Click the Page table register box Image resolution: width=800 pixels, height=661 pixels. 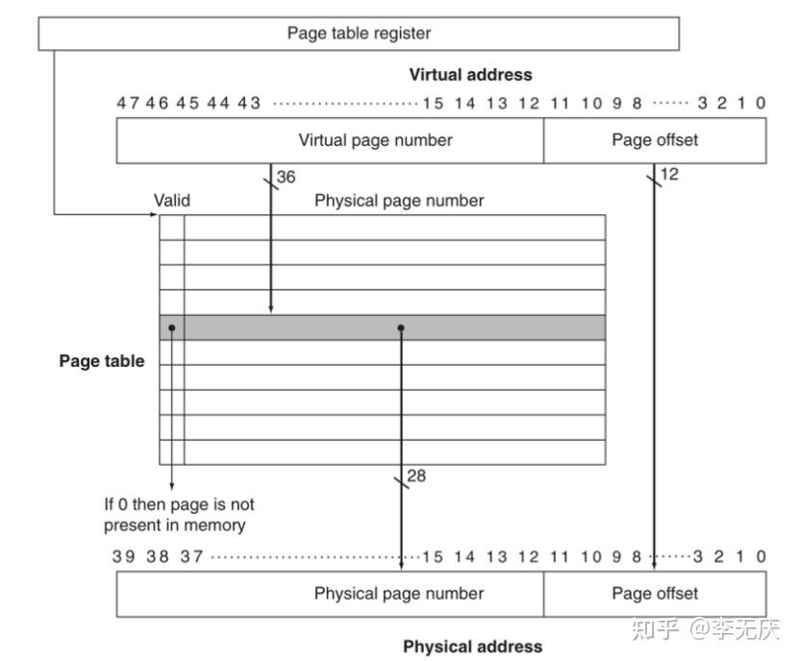click(x=359, y=34)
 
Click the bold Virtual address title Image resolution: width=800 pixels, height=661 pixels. click(x=470, y=75)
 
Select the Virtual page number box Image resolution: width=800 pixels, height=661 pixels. click(x=330, y=140)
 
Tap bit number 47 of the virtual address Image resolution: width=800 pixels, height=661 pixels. click(x=127, y=103)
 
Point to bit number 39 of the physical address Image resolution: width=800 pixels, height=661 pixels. click(x=123, y=556)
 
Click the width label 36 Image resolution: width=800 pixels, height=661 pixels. click(x=286, y=177)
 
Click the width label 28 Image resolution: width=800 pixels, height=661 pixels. click(x=416, y=476)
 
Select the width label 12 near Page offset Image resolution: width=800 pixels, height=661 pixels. click(x=669, y=174)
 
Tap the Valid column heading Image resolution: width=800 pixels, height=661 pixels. click(x=172, y=200)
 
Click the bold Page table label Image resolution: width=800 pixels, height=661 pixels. click(x=102, y=361)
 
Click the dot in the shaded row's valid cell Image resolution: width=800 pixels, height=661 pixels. click(x=172, y=328)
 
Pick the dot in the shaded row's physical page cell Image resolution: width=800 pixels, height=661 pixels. click(x=401, y=328)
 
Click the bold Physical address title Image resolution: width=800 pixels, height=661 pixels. click(x=472, y=647)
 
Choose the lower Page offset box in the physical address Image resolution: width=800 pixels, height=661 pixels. click(x=655, y=594)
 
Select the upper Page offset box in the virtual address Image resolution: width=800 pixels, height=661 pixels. click(x=655, y=140)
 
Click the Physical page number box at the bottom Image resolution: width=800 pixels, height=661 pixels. click(x=330, y=594)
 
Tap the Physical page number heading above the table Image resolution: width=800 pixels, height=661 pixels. click(x=399, y=200)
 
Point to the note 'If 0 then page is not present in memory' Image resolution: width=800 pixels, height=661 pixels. click(x=179, y=515)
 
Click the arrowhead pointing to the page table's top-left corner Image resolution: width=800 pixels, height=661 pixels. click(x=154, y=214)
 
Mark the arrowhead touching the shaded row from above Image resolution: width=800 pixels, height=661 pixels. click(x=271, y=309)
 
